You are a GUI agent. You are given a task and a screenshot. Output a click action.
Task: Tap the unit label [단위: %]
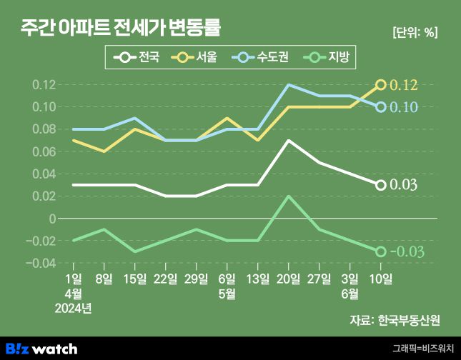tap(415, 33)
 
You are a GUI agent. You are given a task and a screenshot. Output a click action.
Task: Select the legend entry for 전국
tap(140, 56)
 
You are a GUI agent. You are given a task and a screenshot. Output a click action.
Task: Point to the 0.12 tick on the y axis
tap(44, 85)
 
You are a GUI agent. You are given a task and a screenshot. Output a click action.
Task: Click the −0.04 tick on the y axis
tap(41, 264)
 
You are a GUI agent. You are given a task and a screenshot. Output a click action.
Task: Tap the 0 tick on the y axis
tap(51, 219)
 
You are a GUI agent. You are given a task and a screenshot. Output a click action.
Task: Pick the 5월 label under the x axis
tap(227, 294)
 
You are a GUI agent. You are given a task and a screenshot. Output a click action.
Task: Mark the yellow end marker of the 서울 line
tap(381, 85)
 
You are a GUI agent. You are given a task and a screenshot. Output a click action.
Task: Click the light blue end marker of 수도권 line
tap(381, 107)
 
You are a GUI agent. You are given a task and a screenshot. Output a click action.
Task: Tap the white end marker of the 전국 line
tap(381, 185)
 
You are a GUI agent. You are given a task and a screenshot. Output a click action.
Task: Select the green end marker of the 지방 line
tap(381, 251)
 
